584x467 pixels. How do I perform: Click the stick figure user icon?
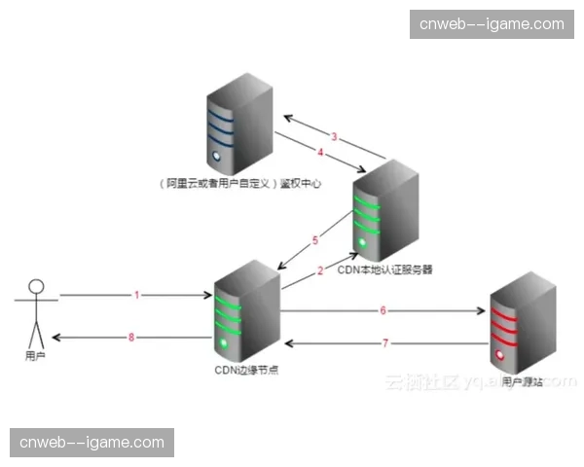[x=36, y=311]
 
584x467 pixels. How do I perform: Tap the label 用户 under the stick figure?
[x=36, y=357]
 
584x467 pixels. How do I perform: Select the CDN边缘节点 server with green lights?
[x=240, y=311]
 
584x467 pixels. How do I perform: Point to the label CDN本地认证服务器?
[x=384, y=269]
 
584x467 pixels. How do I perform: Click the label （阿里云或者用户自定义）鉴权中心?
[x=238, y=182]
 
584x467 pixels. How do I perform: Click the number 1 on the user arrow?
[x=137, y=294]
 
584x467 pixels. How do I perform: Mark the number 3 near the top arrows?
[x=333, y=136]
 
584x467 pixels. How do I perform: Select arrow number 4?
[x=319, y=152]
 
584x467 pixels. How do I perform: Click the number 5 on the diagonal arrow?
[x=315, y=239]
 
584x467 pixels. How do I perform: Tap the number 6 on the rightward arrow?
[x=383, y=310]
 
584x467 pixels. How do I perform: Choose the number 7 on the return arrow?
[x=384, y=342]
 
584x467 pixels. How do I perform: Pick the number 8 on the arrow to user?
[x=132, y=337]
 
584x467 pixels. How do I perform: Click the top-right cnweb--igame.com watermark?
[x=492, y=24]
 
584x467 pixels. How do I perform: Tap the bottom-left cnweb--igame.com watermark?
[x=92, y=443]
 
